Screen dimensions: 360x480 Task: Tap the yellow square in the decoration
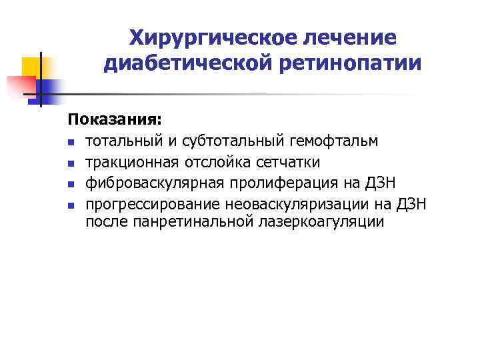point(33,67)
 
